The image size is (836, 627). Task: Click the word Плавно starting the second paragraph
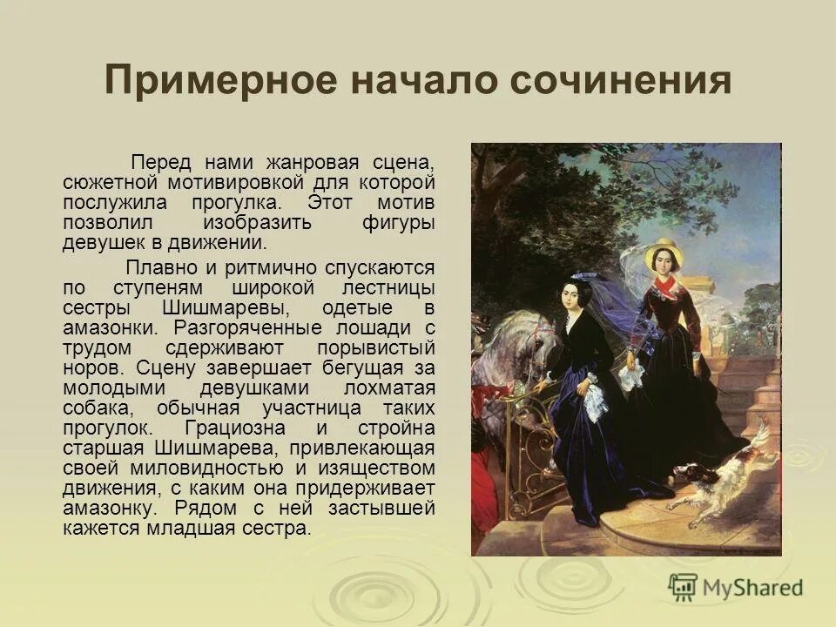[x=158, y=267]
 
